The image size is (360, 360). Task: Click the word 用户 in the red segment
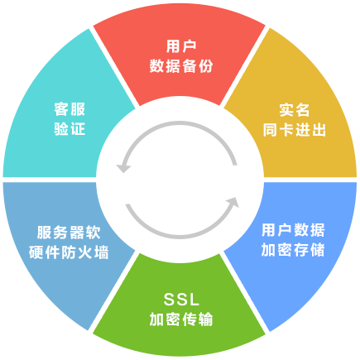point(181,46)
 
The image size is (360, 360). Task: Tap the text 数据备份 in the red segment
point(181,66)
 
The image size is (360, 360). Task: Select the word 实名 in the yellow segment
point(295,110)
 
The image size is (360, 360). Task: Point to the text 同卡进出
point(295,130)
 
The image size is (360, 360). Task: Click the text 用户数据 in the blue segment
point(293,230)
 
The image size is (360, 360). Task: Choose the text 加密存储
point(293,250)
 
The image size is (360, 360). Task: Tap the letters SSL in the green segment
point(181,300)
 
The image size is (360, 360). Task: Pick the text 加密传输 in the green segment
point(181,319)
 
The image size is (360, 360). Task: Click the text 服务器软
point(69,233)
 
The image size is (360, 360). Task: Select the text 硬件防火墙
point(69,252)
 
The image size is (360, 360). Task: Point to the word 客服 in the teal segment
point(70,109)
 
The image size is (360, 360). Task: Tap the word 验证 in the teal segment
point(70,129)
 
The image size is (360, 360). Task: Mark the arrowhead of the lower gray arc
point(233,202)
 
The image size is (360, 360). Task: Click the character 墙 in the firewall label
point(102,252)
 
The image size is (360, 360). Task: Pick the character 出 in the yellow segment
point(319,130)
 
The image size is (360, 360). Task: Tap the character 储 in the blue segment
point(318,250)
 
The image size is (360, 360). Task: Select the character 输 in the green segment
point(206,319)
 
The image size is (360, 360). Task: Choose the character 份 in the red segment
point(206,66)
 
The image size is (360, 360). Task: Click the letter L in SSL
point(194,300)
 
